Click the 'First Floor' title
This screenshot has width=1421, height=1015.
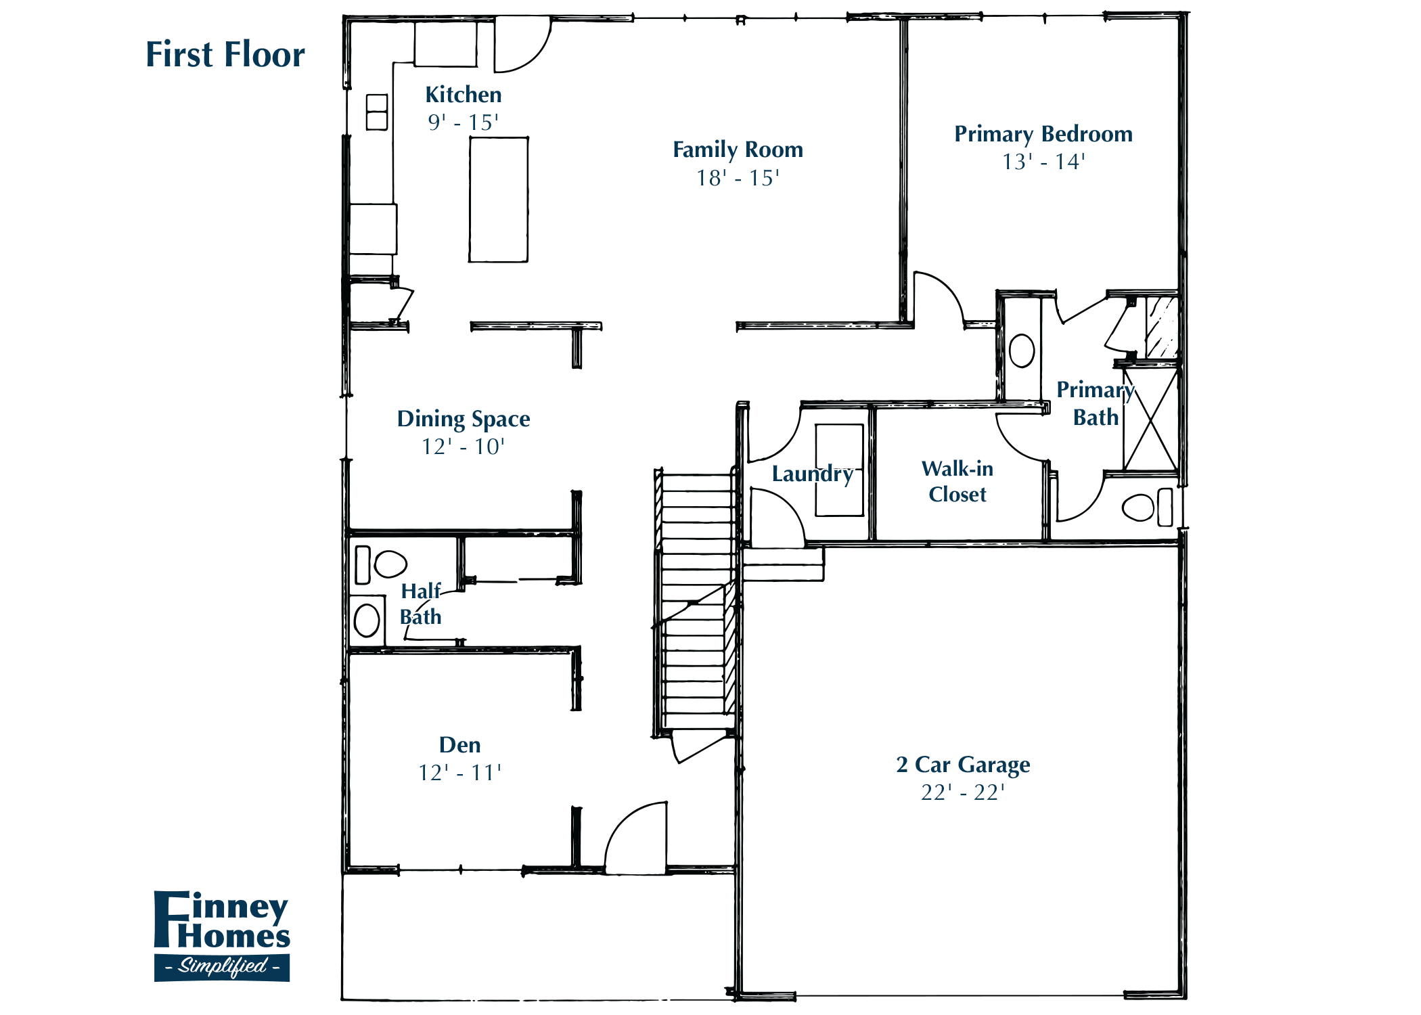point(225,55)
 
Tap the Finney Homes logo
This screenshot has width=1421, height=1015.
point(222,936)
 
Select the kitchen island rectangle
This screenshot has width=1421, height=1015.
point(499,200)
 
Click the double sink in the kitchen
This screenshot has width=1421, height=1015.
point(377,112)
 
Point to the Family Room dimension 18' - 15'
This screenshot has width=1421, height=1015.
point(738,178)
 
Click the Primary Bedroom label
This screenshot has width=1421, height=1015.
point(1043,134)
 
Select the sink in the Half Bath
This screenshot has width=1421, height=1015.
point(367,621)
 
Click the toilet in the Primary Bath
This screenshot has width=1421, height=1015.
point(1140,507)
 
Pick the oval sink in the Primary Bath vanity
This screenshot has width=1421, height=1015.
point(1021,351)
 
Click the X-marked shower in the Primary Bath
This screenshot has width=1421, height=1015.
point(1150,420)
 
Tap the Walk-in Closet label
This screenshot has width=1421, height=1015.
point(957,481)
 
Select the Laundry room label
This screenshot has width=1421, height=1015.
point(812,474)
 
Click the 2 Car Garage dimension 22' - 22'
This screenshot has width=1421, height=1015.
point(962,792)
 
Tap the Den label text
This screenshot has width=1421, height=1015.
point(459,745)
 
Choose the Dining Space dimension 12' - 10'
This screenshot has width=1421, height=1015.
point(463,447)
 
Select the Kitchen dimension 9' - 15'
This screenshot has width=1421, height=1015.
point(463,122)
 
